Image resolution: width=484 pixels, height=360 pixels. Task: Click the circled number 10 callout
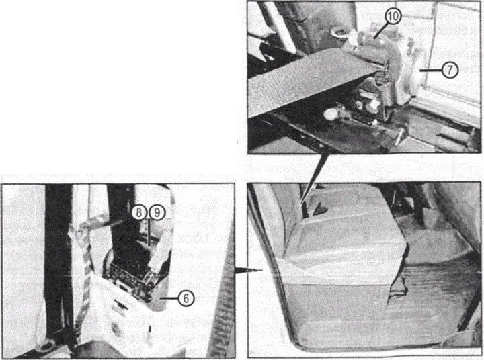pos(393,16)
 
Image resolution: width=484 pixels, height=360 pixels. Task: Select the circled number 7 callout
pos(450,71)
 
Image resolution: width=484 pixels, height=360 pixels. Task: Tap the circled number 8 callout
pos(139,212)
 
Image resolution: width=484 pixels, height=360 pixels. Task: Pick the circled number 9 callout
pos(157,212)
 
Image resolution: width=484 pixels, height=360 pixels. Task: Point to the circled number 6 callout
pos(186,298)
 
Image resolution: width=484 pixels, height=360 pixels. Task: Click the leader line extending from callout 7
pos(431,71)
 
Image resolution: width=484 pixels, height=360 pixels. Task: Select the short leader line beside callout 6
pos(169,298)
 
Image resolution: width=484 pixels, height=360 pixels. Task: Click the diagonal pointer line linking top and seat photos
pos(314,179)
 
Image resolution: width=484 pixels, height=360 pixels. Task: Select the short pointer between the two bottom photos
pos(249,269)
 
